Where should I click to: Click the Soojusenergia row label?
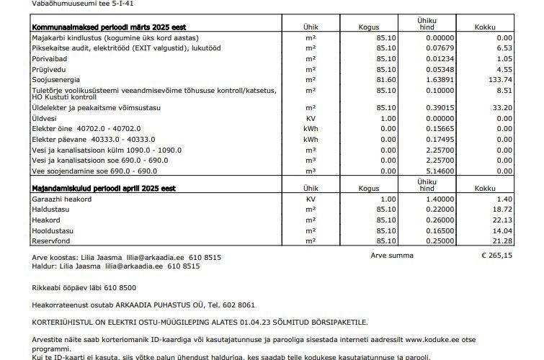tap(56, 79)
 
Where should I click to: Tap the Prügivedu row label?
tap(48, 69)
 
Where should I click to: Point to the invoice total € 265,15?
tap(496, 256)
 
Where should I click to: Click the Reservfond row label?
tap(51, 240)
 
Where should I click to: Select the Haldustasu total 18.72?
tap(501, 209)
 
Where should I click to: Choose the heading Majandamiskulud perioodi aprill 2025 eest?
tap(104, 188)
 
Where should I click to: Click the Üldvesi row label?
tap(45, 118)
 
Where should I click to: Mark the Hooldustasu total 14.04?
tap(501, 230)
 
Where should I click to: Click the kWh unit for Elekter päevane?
tap(311, 139)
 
